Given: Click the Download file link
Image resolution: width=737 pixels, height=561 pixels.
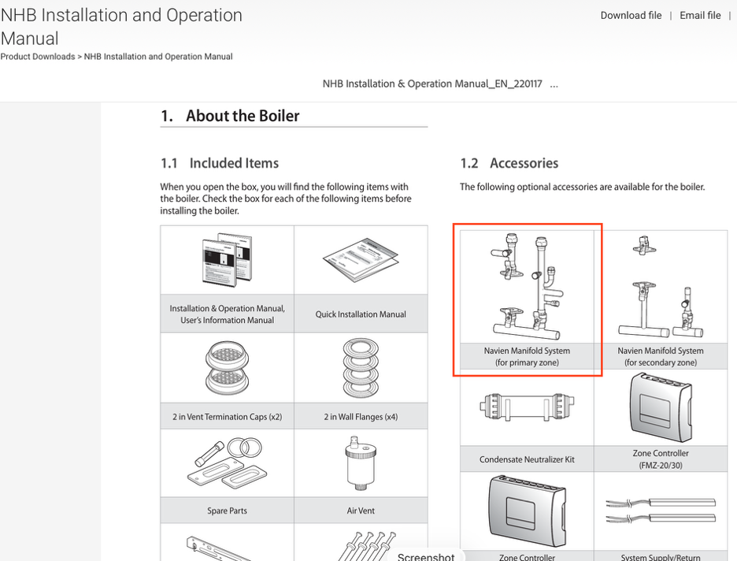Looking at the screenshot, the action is point(631,16).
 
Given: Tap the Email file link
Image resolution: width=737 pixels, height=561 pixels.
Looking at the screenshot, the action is point(700,16).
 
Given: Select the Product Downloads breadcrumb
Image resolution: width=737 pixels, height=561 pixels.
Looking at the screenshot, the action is point(38,57).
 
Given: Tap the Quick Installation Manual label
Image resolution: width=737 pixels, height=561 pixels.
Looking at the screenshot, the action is point(361,314).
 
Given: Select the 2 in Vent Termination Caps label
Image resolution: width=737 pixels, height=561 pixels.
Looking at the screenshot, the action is point(227,417).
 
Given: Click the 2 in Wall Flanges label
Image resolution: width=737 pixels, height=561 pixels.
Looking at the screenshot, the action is point(361,417).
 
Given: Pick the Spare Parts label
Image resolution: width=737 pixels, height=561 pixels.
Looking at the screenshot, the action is point(227,511).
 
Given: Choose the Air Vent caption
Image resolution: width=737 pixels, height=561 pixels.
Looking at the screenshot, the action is point(361,511).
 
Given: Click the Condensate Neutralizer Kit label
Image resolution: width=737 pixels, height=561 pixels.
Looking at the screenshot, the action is point(527,459).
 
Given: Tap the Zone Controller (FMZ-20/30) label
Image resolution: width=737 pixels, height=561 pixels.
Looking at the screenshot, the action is point(661,459).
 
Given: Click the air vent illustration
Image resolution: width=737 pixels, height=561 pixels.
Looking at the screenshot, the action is point(360,463).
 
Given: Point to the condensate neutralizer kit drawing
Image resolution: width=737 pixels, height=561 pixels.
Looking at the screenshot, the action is point(527,407).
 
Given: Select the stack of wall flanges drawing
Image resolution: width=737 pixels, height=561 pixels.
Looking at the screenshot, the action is point(361,367).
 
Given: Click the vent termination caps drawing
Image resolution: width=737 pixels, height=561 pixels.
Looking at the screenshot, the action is point(227,368).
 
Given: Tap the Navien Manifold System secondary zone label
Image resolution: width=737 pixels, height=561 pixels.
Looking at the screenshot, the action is point(661,356).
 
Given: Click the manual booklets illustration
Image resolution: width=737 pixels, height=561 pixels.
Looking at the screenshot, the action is point(227,259).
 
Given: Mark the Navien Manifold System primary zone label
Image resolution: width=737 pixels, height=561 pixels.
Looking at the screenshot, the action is point(527,356).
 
